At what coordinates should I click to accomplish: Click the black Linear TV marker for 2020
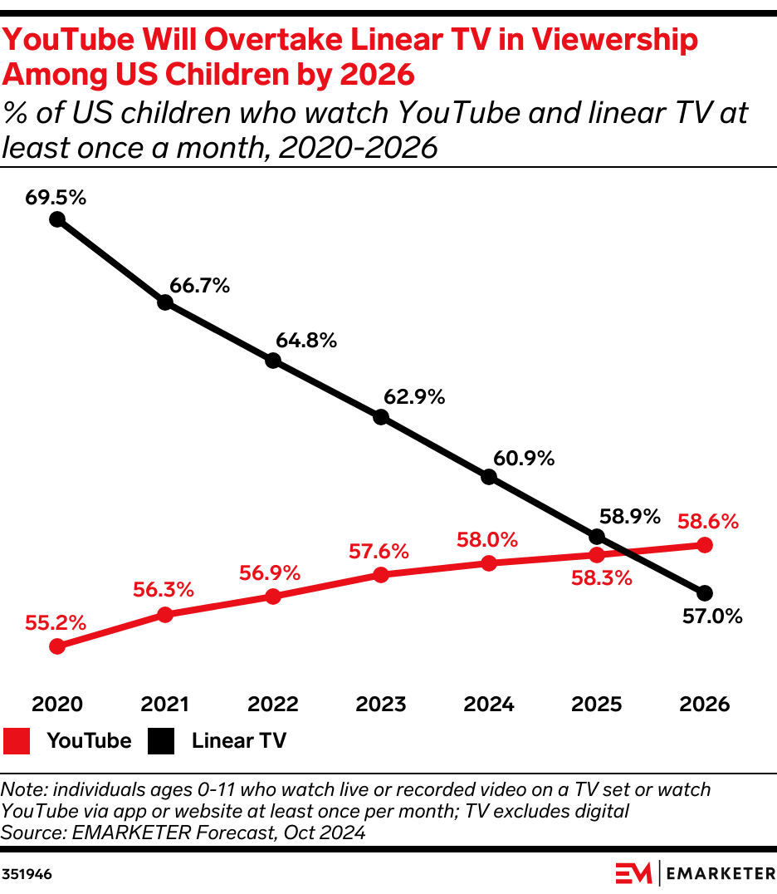click(57, 219)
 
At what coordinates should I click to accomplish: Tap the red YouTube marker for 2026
click(705, 545)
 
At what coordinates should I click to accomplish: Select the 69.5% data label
click(56, 198)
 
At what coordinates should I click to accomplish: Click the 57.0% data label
click(711, 616)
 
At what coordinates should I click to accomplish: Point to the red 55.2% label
click(56, 621)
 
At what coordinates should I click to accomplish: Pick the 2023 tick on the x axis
click(381, 705)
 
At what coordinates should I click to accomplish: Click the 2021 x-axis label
click(165, 705)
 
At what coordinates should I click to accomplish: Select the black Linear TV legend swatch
click(162, 740)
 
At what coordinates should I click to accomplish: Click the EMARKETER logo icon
click(634, 874)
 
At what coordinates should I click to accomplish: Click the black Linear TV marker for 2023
click(381, 417)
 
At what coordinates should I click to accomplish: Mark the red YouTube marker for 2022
click(273, 597)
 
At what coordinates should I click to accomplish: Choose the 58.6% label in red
click(708, 522)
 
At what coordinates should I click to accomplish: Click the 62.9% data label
click(414, 397)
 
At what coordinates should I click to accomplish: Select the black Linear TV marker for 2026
click(705, 593)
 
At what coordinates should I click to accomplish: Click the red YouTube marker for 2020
click(57, 646)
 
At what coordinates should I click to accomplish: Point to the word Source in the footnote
click(28, 832)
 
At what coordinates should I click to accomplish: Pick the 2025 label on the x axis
click(597, 705)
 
